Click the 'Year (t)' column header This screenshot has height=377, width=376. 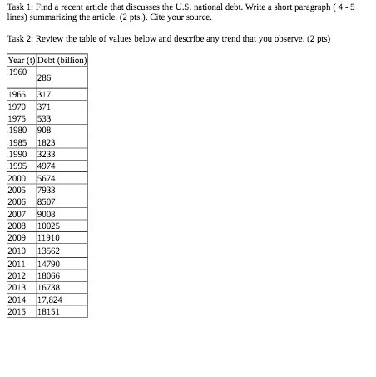click(20, 61)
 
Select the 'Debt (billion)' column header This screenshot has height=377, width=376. click(62, 61)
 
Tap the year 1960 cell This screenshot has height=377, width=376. click(17, 72)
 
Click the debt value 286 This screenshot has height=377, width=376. click(44, 77)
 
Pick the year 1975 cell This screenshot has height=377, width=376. click(17, 118)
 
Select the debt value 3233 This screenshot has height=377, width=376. click(47, 154)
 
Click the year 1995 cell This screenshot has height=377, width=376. click(17, 166)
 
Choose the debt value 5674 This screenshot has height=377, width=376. click(47, 177)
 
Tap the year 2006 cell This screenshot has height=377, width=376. click(17, 201)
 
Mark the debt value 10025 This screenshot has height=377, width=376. click(49, 226)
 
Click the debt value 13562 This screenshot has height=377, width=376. click(49, 250)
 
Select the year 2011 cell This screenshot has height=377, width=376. click(17, 262)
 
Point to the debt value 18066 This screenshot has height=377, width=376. click(49, 275)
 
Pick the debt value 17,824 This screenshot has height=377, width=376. click(50, 299)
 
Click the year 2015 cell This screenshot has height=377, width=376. click(17, 311)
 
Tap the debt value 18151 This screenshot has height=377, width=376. click(49, 311)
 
